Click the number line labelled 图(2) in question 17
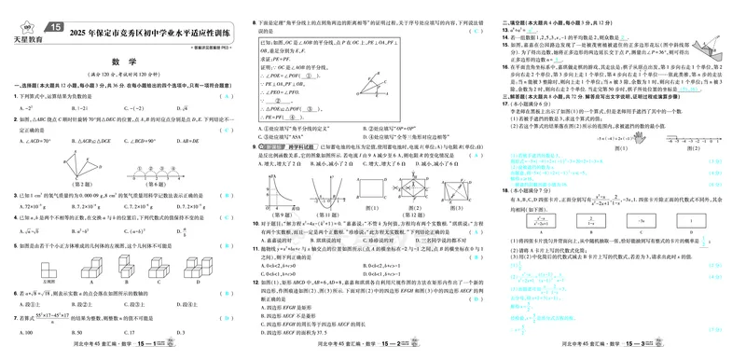[x=698, y=139]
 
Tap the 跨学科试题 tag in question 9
[x=278, y=147]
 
